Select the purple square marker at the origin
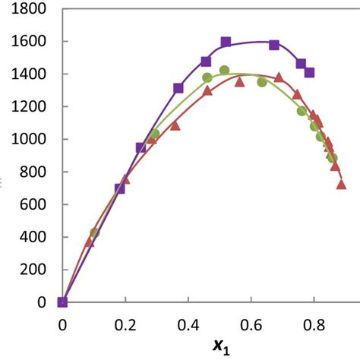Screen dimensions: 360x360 (62, 302)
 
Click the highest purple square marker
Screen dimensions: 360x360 (226, 42)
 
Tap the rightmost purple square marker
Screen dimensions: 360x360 (309, 73)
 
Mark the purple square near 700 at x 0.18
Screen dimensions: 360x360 (120, 188)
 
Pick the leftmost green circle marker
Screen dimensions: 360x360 (94, 232)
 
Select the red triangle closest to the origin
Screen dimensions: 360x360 (90, 242)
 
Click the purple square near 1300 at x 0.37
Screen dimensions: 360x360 (178, 88)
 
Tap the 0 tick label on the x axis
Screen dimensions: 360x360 (62, 324)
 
